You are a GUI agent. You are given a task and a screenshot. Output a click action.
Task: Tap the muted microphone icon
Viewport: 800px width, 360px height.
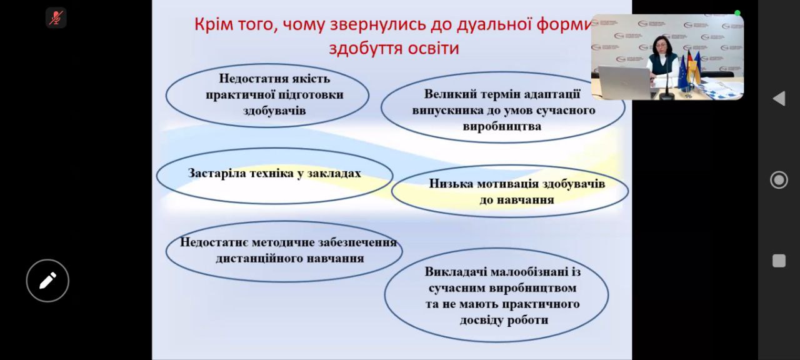pyautogui.click(x=56, y=17)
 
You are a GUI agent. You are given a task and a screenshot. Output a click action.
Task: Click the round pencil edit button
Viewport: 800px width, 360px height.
pyautogui.click(x=47, y=281)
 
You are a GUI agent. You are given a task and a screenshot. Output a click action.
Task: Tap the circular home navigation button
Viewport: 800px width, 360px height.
pyautogui.click(x=779, y=179)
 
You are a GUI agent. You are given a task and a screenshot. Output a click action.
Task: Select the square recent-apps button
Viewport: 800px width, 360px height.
pyautogui.click(x=779, y=261)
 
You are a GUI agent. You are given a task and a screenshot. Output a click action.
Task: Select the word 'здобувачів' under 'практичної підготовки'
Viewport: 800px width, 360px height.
pyautogui.click(x=274, y=111)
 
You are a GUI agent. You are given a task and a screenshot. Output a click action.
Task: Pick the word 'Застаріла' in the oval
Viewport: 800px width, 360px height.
pyautogui.click(x=216, y=173)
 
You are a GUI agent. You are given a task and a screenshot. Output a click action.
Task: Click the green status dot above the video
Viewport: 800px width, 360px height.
pyautogui.click(x=737, y=13)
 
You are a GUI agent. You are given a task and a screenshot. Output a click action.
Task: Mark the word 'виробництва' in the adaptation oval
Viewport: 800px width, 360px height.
pyautogui.click(x=502, y=126)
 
